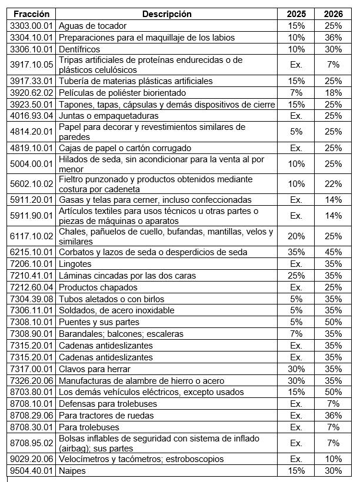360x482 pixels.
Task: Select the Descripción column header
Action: [x=167, y=14]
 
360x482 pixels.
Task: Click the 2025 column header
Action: [x=296, y=14]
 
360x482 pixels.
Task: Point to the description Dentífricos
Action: [x=80, y=49]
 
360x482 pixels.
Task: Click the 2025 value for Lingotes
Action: [x=296, y=264]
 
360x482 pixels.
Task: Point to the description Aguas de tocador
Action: [x=93, y=26]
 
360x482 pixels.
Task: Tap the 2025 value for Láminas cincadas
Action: [x=296, y=276]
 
